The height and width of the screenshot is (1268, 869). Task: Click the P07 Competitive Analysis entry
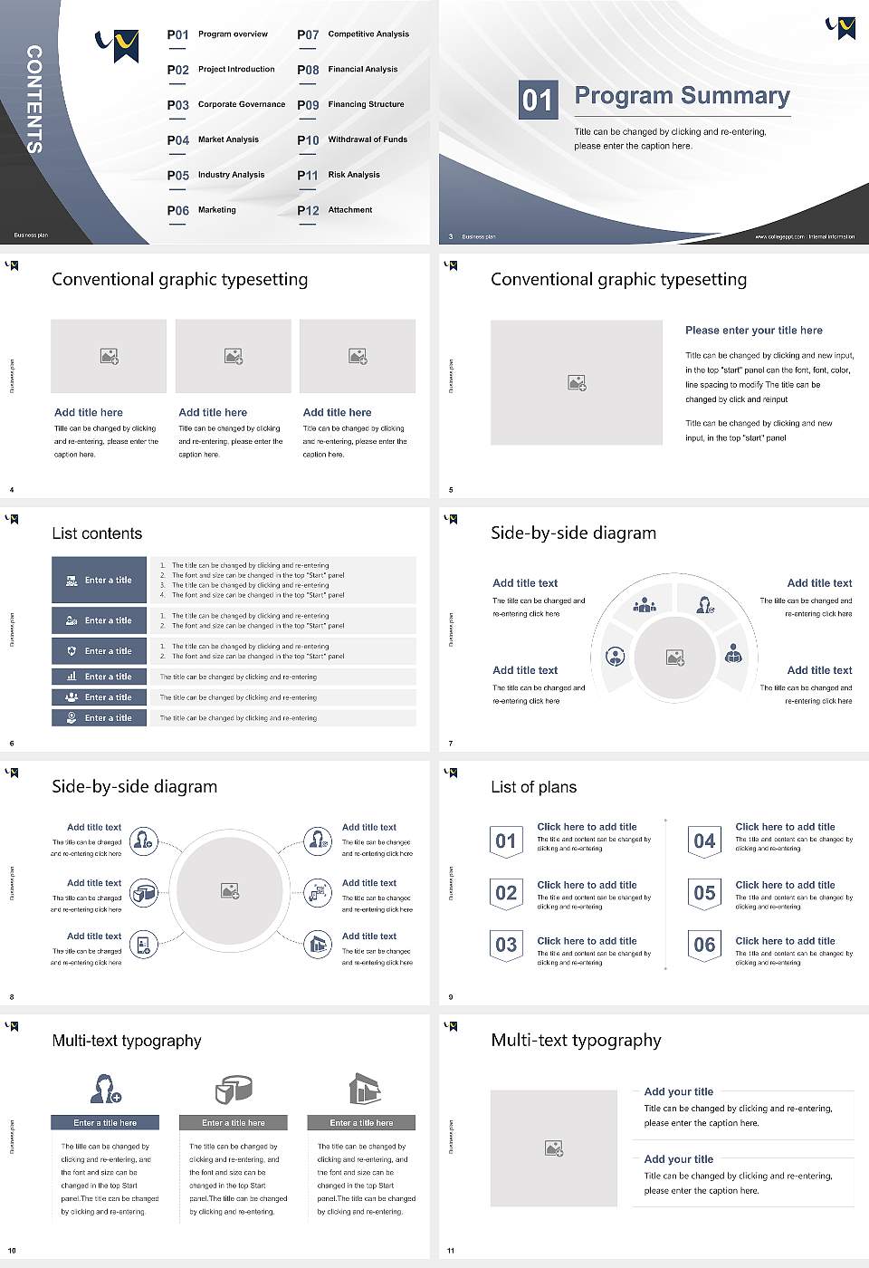click(354, 34)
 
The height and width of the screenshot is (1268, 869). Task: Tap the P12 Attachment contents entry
click(336, 210)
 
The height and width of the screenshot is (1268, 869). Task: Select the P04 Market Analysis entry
click(214, 139)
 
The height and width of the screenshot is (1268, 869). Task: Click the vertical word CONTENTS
click(34, 99)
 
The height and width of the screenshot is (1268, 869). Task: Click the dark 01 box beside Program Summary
click(537, 100)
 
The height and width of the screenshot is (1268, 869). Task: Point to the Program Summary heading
click(682, 96)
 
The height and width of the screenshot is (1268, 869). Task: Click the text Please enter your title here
click(753, 331)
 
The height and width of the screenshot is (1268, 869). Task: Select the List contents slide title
click(97, 533)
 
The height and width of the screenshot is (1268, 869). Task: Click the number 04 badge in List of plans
click(704, 841)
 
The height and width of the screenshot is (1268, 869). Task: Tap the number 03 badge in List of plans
click(506, 946)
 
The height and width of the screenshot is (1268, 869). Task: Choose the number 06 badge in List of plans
click(704, 946)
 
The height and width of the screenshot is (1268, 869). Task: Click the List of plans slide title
click(533, 787)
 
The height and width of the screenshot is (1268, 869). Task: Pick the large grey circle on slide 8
click(230, 890)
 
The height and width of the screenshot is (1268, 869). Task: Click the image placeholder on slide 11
click(554, 1148)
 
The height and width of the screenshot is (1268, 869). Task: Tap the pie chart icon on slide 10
click(234, 1089)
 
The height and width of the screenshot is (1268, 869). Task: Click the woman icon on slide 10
click(105, 1089)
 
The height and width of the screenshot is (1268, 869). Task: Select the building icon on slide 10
click(364, 1089)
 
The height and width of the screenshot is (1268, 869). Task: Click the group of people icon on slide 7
click(645, 604)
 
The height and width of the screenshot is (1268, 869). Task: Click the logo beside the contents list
click(118, 44)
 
